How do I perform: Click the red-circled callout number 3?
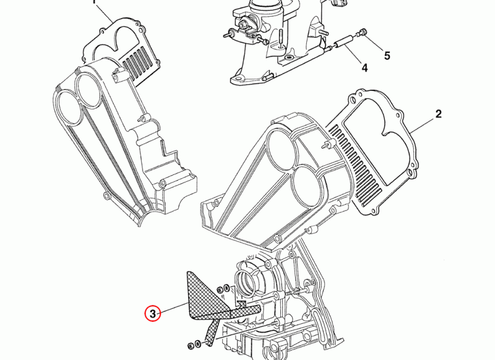153,314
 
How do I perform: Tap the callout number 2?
439,114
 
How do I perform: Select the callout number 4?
364,67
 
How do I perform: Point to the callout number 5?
387,56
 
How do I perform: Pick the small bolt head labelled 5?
363,32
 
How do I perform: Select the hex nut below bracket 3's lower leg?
191,346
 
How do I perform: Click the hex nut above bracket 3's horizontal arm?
220,289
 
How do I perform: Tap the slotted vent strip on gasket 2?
354,164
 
